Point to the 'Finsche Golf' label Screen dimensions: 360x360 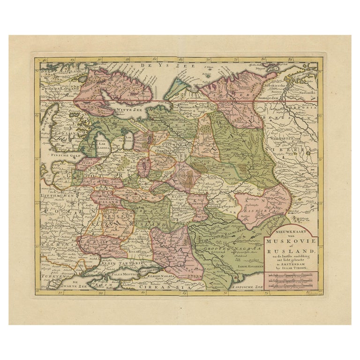(x=62, y=154)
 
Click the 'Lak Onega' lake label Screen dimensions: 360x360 (x=127, y=138)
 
